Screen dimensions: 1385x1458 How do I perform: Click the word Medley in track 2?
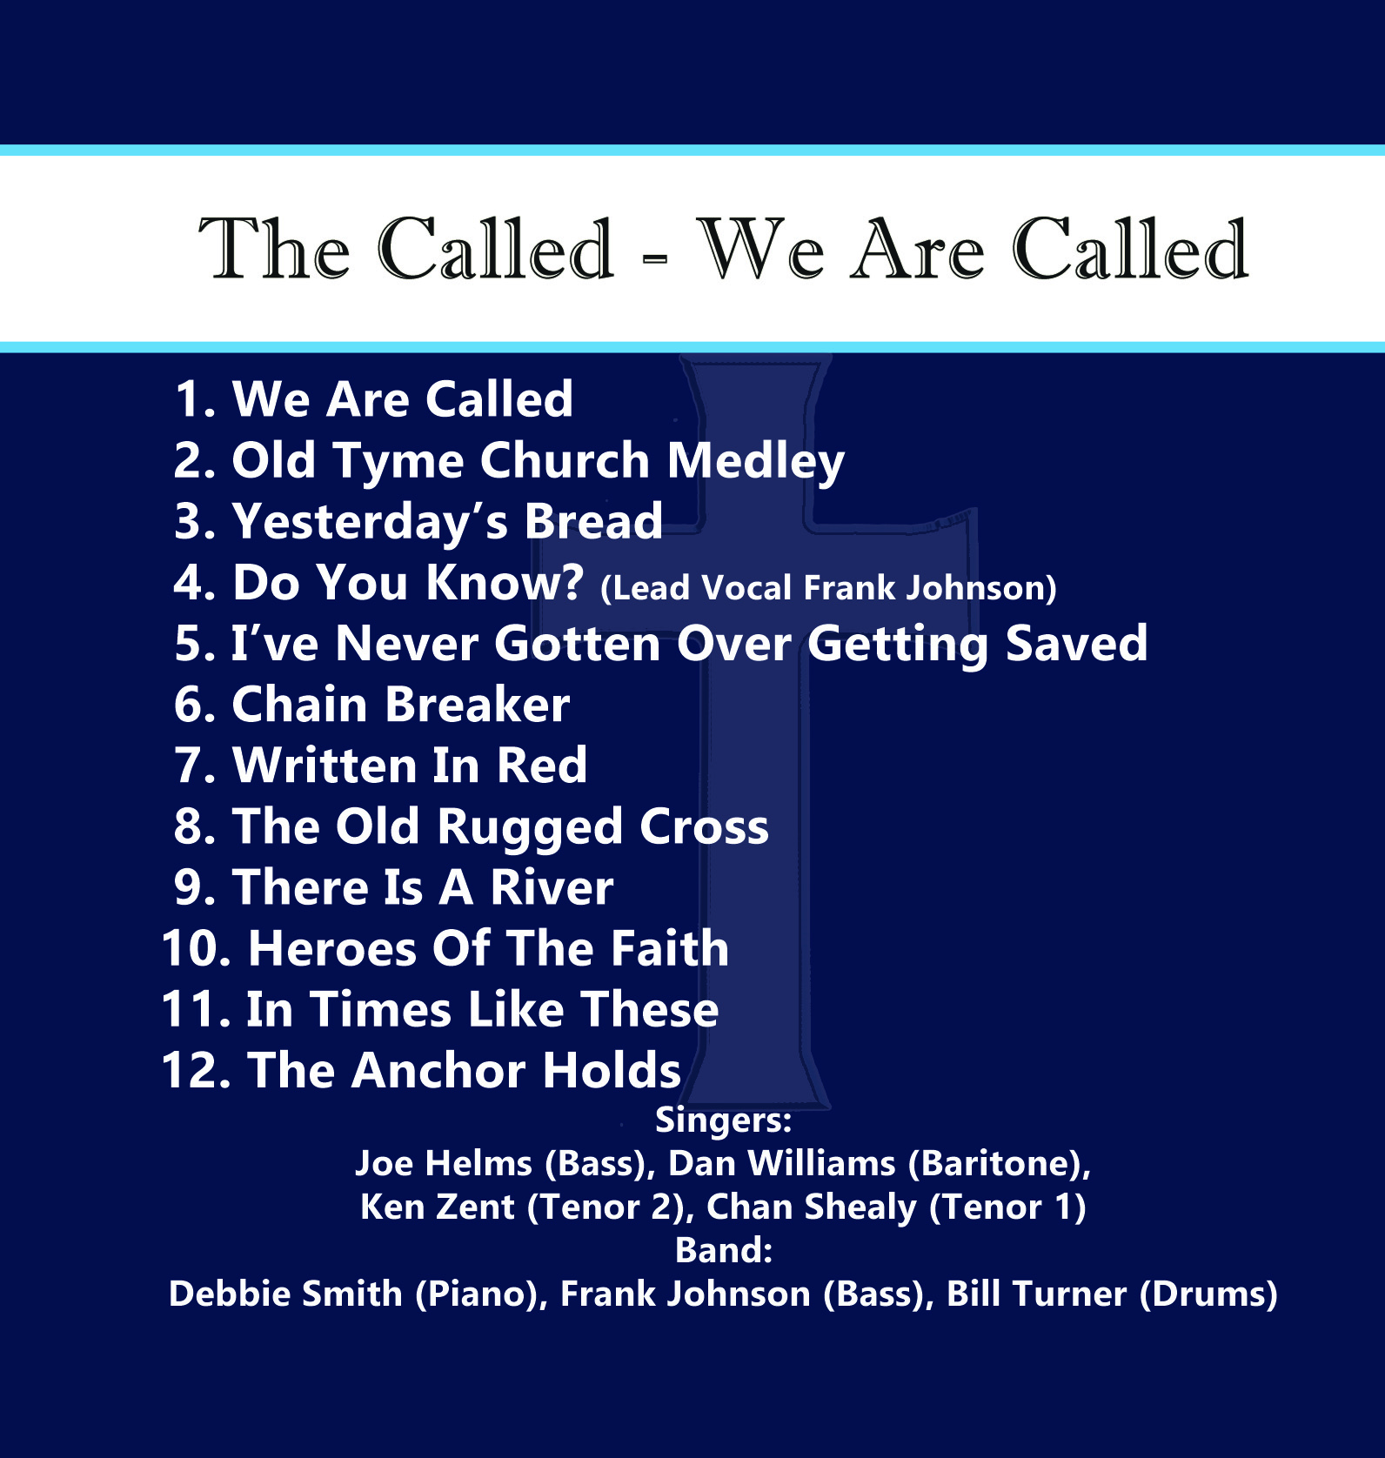755,462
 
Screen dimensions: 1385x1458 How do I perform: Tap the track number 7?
189,766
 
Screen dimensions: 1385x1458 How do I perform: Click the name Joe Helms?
443,1163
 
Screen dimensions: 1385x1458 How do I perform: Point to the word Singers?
723,1120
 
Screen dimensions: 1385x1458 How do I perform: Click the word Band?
724,1250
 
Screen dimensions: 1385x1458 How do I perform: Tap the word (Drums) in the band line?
1208,1294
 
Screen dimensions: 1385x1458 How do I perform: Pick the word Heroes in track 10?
332,948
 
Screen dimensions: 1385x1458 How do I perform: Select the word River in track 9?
552,888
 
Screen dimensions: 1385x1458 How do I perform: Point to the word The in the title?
274,249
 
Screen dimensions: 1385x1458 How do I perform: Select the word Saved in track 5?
1076,645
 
